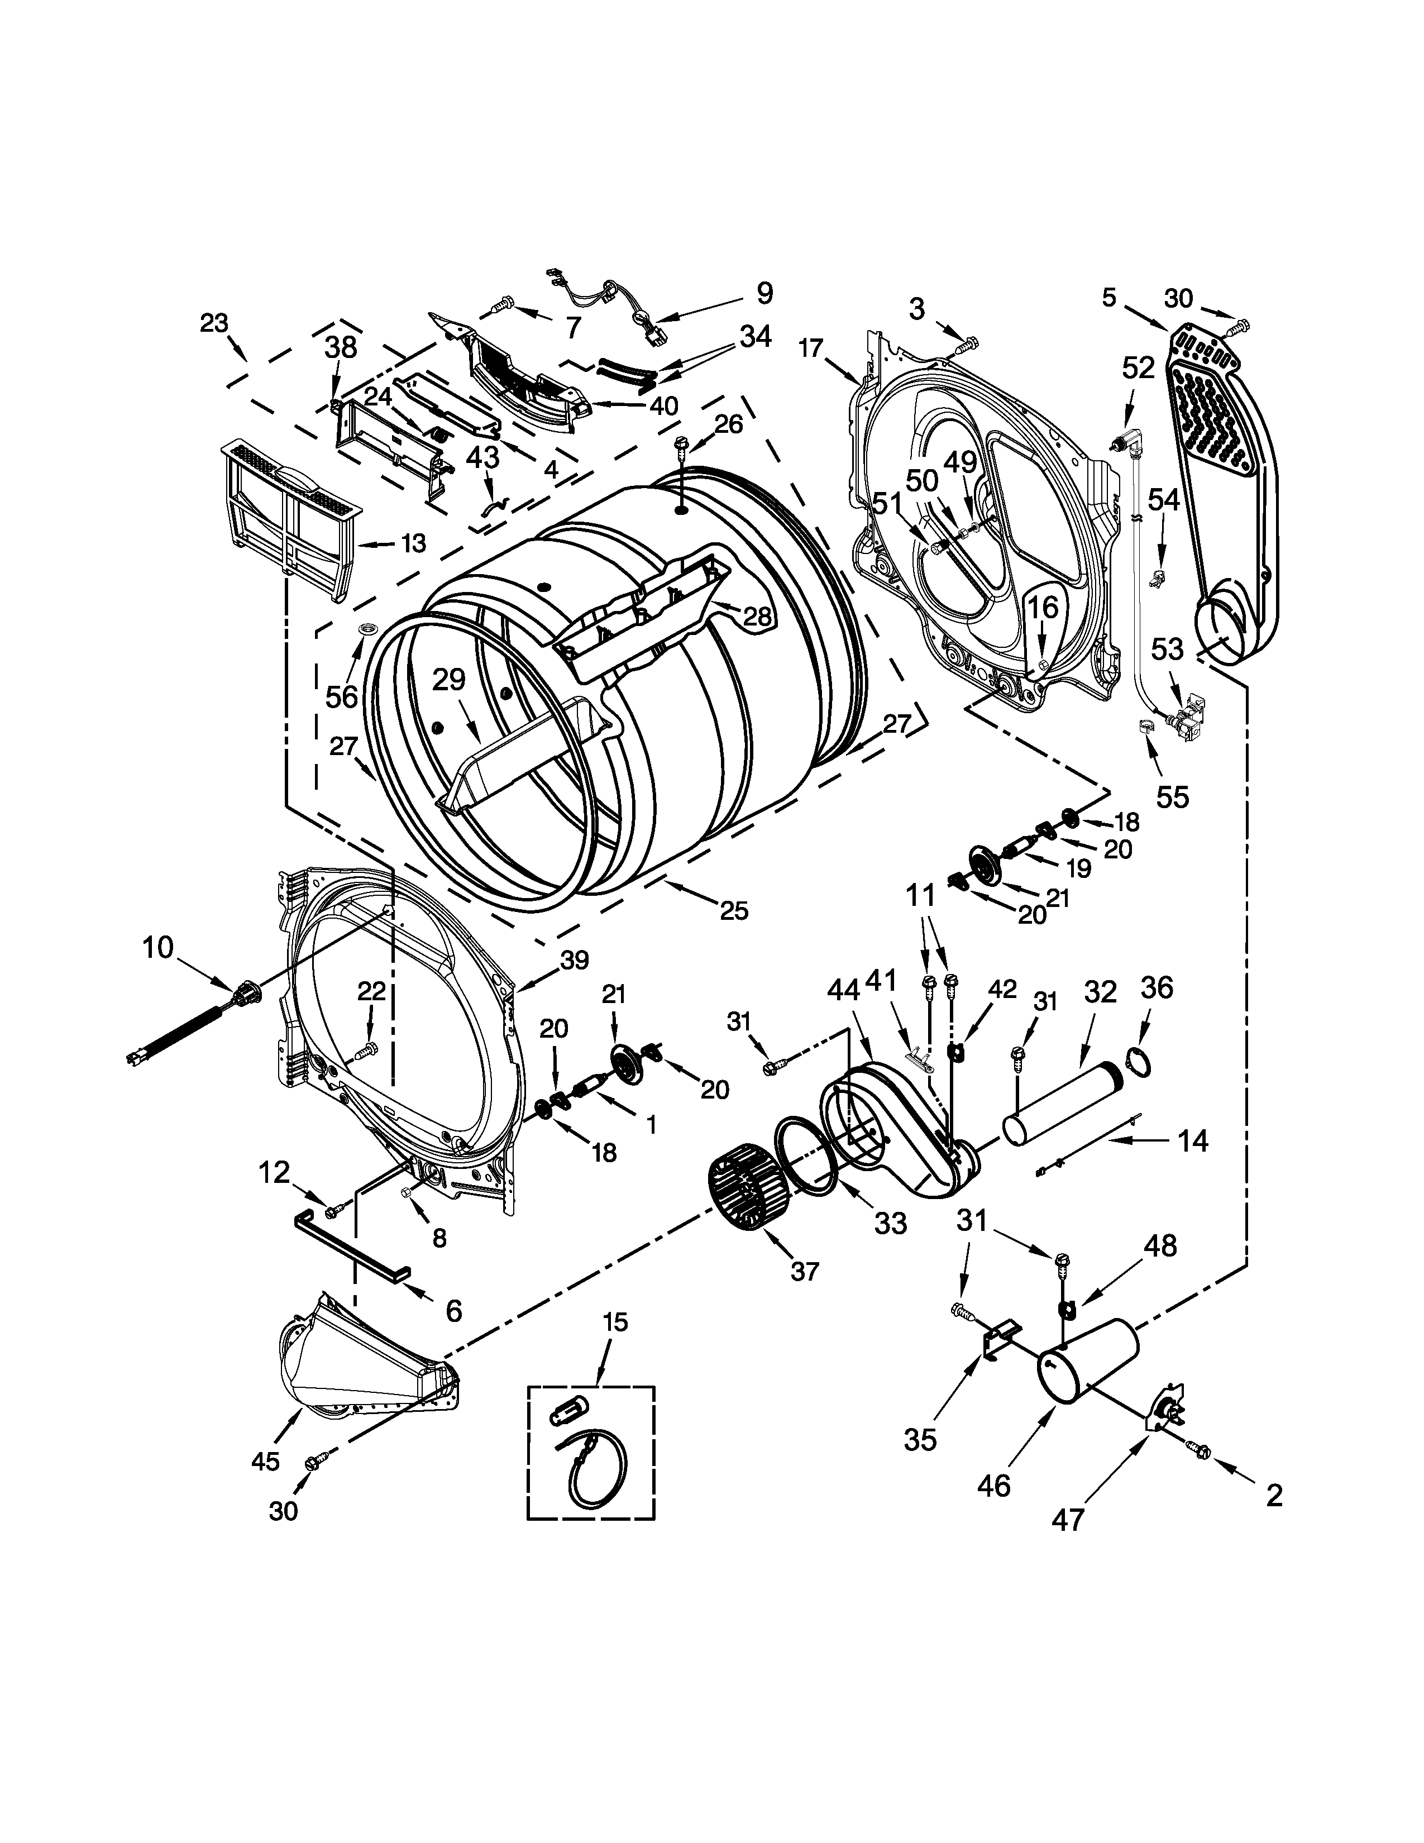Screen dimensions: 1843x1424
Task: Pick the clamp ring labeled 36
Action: tap(1137, 1062)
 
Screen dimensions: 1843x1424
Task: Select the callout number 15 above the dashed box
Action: tap(616, 1321)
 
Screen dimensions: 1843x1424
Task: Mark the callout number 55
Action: tap(1172, 796)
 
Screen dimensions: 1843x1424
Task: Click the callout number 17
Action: tap(811, 348)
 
